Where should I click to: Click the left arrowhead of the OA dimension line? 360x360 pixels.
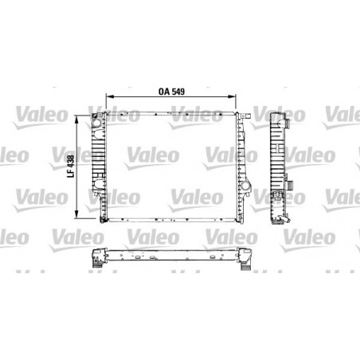click(110, 99)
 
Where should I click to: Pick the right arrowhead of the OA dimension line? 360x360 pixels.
click(238, 99)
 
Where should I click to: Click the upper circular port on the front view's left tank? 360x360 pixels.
click(96, 123)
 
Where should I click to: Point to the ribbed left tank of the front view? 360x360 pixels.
click(100, 167)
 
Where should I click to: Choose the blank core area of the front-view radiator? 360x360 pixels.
click(171, 167)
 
